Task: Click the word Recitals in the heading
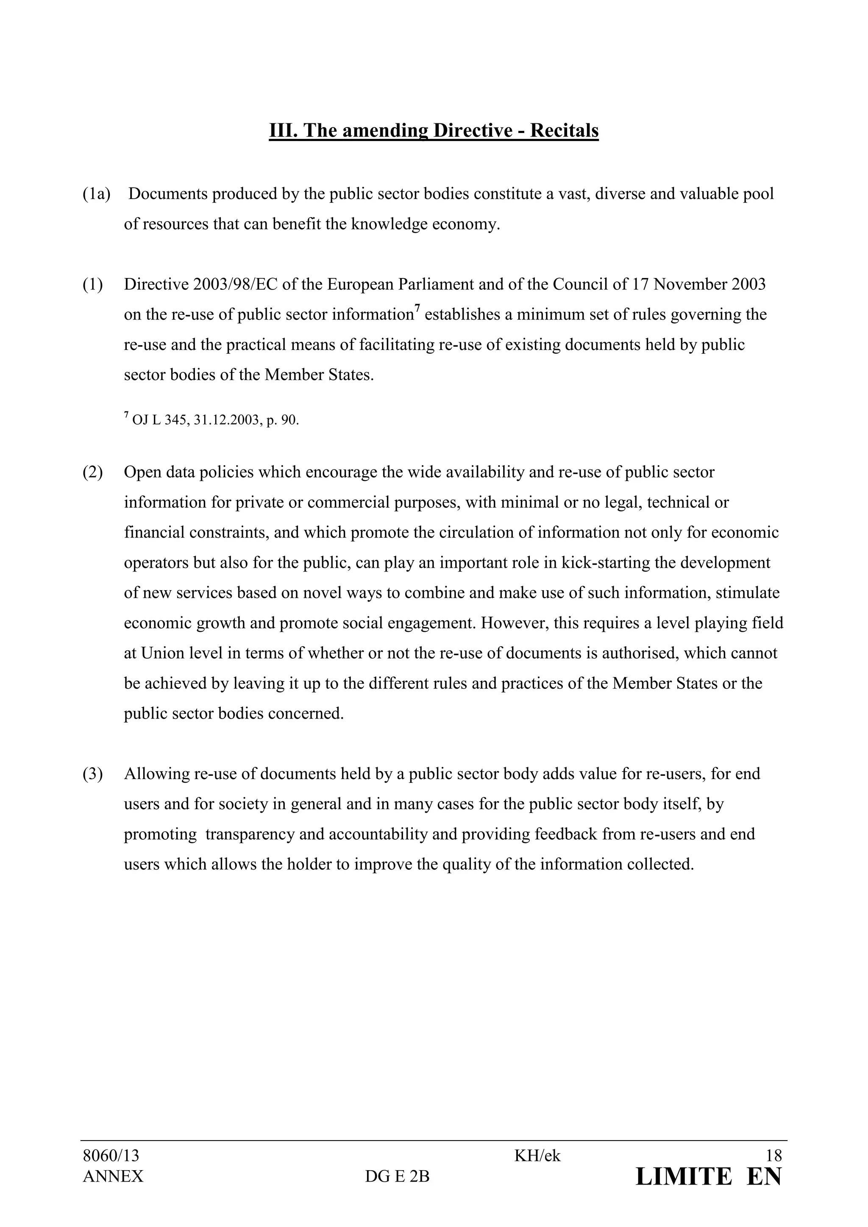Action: pyautogui.click(x=565, y=131)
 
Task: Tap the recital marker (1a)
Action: pyautogui.click(x=96, y=194)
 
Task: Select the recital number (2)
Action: pyautogui.click(x=92, y=472)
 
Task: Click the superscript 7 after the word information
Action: pyautogui.click(x=417, y=308)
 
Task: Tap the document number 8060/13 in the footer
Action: pyautogui.click(x=111, y=1156)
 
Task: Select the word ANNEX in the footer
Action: pyautogui.click(x=113, y=1177)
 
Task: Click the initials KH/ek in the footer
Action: pyautogui.click(x=537, y=1156)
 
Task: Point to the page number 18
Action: pyautogui.click(x=773, y=1156)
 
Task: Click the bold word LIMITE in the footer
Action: pyautogui.click(x=683, y=1177)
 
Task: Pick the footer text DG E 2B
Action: pyautogui.click(x=397, y=1177)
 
